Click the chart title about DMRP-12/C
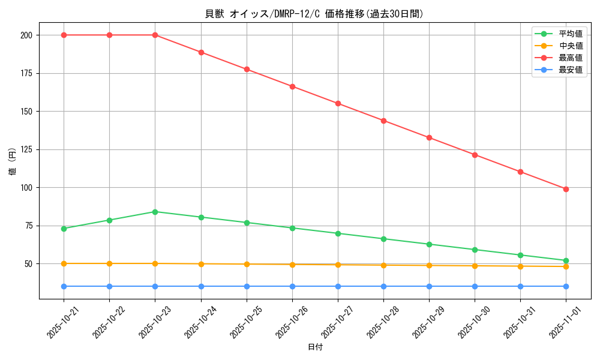pyautogui.click(x=314, y=14)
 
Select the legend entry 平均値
pyautogui.click(x=570, y=34)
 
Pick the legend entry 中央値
pyautogui.click(x=570, y=46)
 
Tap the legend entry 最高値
pyautogui.click(x=570, y=58)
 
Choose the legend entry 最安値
pyautogui.click(x=570, y=70)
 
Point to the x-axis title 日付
pyautogui.click(x=315, y=347)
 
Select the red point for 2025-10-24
pyautogui.click(x=201, y=52)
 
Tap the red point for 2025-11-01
pyautogui.click(x=566, y=189)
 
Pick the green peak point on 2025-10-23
pyautogui.click(x=155, y=212)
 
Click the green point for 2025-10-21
pyautogui.click(x=64, y=229)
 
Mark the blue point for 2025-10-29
pyautogui.click(x=429, y=286)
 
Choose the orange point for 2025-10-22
pyautogui.click(x=109, y=263)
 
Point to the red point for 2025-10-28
pyautogui.click(x=383, y=121)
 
